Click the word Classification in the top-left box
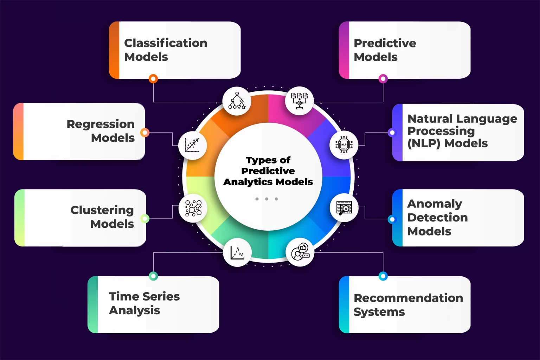[x=166, y=43]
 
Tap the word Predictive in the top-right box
[x=385, y=43]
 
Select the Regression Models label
[x=101, y=131]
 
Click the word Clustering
[x=102, y=210]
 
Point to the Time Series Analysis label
[x=144, y=303]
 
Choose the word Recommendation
[x=408, y=298]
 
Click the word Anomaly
[x=435, y=204]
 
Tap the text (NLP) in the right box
[x=424, y=143]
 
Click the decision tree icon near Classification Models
[x=237, y=101]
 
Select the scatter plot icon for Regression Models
[x=192, y=145]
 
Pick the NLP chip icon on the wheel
[x=344, y=145]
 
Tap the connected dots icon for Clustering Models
[x=193, y=208]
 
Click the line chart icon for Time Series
[x=237, y=252]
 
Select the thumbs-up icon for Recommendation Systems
[x=300, y=252]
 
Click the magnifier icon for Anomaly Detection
[x=344, y=208]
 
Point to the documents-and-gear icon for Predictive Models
[x=299, y=101]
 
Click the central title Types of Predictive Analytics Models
[x=268, y=171]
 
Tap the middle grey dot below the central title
[x=267, y=199]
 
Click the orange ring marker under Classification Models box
[x=153, y=79]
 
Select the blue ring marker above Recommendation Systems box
[x=383, y=276]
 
